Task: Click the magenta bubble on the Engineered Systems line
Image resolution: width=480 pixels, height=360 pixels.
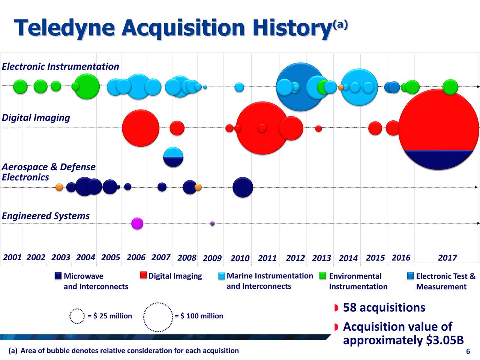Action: (x=137, y=223)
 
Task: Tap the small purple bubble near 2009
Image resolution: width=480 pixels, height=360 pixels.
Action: (x=212, y=223)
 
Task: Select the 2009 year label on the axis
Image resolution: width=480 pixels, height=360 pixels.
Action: (x=212, y=258)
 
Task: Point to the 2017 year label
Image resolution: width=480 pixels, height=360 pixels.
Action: (x=447, y=258)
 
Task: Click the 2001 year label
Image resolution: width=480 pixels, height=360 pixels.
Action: (x=12, y=257)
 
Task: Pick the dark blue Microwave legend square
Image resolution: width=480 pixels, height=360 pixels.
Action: (x=58, y=276)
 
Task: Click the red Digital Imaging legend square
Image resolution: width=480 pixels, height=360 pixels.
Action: (x=143, y=275)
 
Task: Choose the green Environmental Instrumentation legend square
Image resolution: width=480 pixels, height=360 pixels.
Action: (x=323, y=276)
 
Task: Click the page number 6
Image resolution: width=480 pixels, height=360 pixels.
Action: (x=468, y=351)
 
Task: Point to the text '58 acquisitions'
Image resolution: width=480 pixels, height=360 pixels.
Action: (x=384, y=307)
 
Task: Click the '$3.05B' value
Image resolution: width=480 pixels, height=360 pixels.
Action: (x=445, y=340)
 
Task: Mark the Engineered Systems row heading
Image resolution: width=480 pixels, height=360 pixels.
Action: (x=46, y=216)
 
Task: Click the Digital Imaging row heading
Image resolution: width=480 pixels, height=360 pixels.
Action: (x=36, y=118)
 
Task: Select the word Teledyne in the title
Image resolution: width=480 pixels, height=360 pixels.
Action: (x=64, y=28)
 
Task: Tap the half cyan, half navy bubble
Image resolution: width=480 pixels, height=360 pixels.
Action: (x=173, y=157)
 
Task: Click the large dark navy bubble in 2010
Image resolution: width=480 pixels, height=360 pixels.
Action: (x=243, y=187)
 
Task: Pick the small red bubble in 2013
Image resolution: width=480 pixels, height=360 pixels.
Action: (x=318, y=129)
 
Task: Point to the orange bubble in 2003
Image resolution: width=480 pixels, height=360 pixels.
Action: (x=59, y=187)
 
